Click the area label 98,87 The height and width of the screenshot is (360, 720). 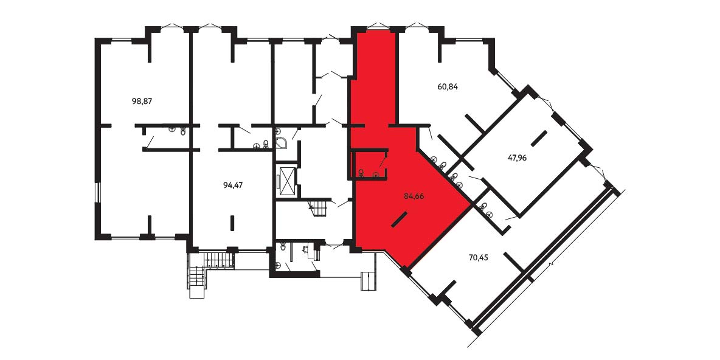[142, 102]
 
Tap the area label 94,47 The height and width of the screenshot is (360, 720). [233, 185]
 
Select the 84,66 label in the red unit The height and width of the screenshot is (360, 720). [414, 196]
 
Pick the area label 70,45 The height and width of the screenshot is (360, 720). [478, 257]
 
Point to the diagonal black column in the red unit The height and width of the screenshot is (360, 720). [399, 219]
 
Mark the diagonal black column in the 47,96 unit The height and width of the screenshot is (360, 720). [539, 138]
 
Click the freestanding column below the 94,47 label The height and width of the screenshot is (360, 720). [232, 223]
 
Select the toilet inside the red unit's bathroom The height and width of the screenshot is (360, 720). [361, 173]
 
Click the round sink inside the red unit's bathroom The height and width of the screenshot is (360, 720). [376, 173]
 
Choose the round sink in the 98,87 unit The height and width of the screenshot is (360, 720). [171, 130]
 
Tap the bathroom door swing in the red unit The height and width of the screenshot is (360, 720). [382, 161]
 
